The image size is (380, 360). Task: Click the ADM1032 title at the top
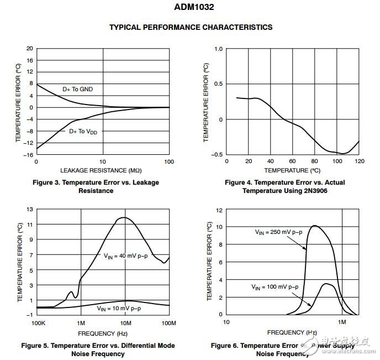point(191,8)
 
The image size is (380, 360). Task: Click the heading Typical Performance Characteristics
point(191,27)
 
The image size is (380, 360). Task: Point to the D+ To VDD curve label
point(87,131)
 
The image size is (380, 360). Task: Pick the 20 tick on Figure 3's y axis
point(30,48)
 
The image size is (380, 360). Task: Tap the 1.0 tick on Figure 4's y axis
point(219,49)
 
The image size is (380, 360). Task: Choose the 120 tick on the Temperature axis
point(359,161)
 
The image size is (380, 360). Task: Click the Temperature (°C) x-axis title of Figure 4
point(292,170)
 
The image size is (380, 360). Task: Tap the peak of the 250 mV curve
point(314,226)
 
